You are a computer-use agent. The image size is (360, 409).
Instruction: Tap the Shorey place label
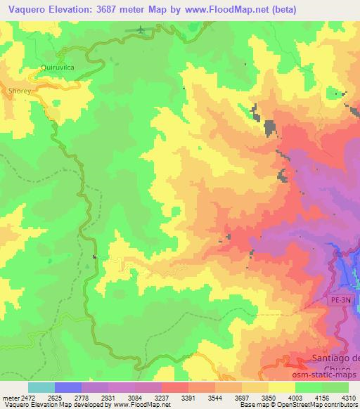coord(19,91)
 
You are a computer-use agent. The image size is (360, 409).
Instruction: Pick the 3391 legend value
coord(188,398)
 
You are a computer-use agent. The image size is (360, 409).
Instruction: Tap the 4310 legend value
coord(350,398)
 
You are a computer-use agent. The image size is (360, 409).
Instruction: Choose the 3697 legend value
coord(243,398)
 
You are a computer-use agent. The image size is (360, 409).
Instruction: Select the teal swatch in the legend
coord(41,387)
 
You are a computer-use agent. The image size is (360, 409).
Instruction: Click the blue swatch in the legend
coord(67,387)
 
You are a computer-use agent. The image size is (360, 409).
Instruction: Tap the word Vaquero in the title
coord(24,10)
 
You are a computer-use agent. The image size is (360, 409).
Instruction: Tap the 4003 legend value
coord(296,398)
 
